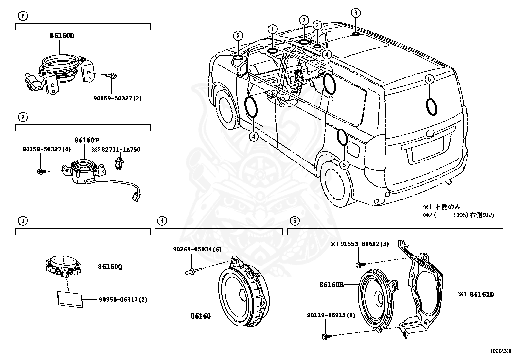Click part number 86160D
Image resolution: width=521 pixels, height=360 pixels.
62,36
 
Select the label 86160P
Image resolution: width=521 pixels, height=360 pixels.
87,140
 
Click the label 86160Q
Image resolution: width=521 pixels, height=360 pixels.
110,267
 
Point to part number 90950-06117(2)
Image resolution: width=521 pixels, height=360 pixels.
123,299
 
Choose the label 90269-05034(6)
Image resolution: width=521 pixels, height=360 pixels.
197,249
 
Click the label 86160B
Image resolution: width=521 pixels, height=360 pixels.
332,285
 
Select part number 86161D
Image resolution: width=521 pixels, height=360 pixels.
482,294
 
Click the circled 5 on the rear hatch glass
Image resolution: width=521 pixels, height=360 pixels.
430,79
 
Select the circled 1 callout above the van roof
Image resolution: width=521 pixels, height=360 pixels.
272,29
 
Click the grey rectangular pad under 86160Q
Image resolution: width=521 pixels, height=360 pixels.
70,299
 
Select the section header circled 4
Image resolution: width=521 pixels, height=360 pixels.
162,221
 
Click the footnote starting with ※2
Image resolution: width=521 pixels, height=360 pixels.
458,215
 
